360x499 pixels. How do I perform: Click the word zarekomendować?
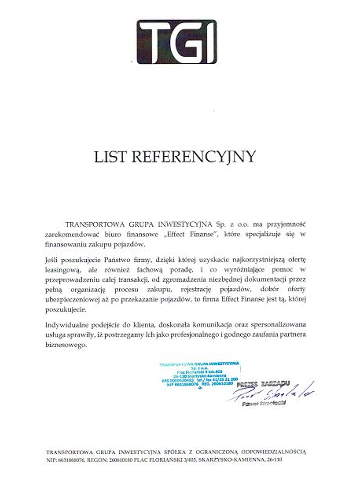point(72,235)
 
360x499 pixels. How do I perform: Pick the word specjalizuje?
point(263,235)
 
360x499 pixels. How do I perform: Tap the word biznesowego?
point(66,345)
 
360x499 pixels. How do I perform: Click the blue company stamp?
point(200,374)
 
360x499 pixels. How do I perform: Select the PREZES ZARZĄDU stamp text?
point(263,384)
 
